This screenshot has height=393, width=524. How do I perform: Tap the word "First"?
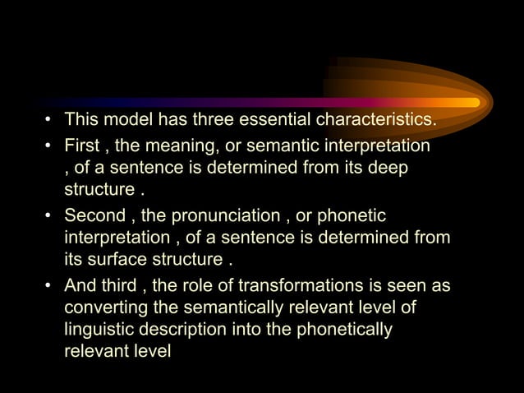click(x=81, y=146)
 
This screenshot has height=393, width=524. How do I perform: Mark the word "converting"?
click(x=102, y=309)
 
